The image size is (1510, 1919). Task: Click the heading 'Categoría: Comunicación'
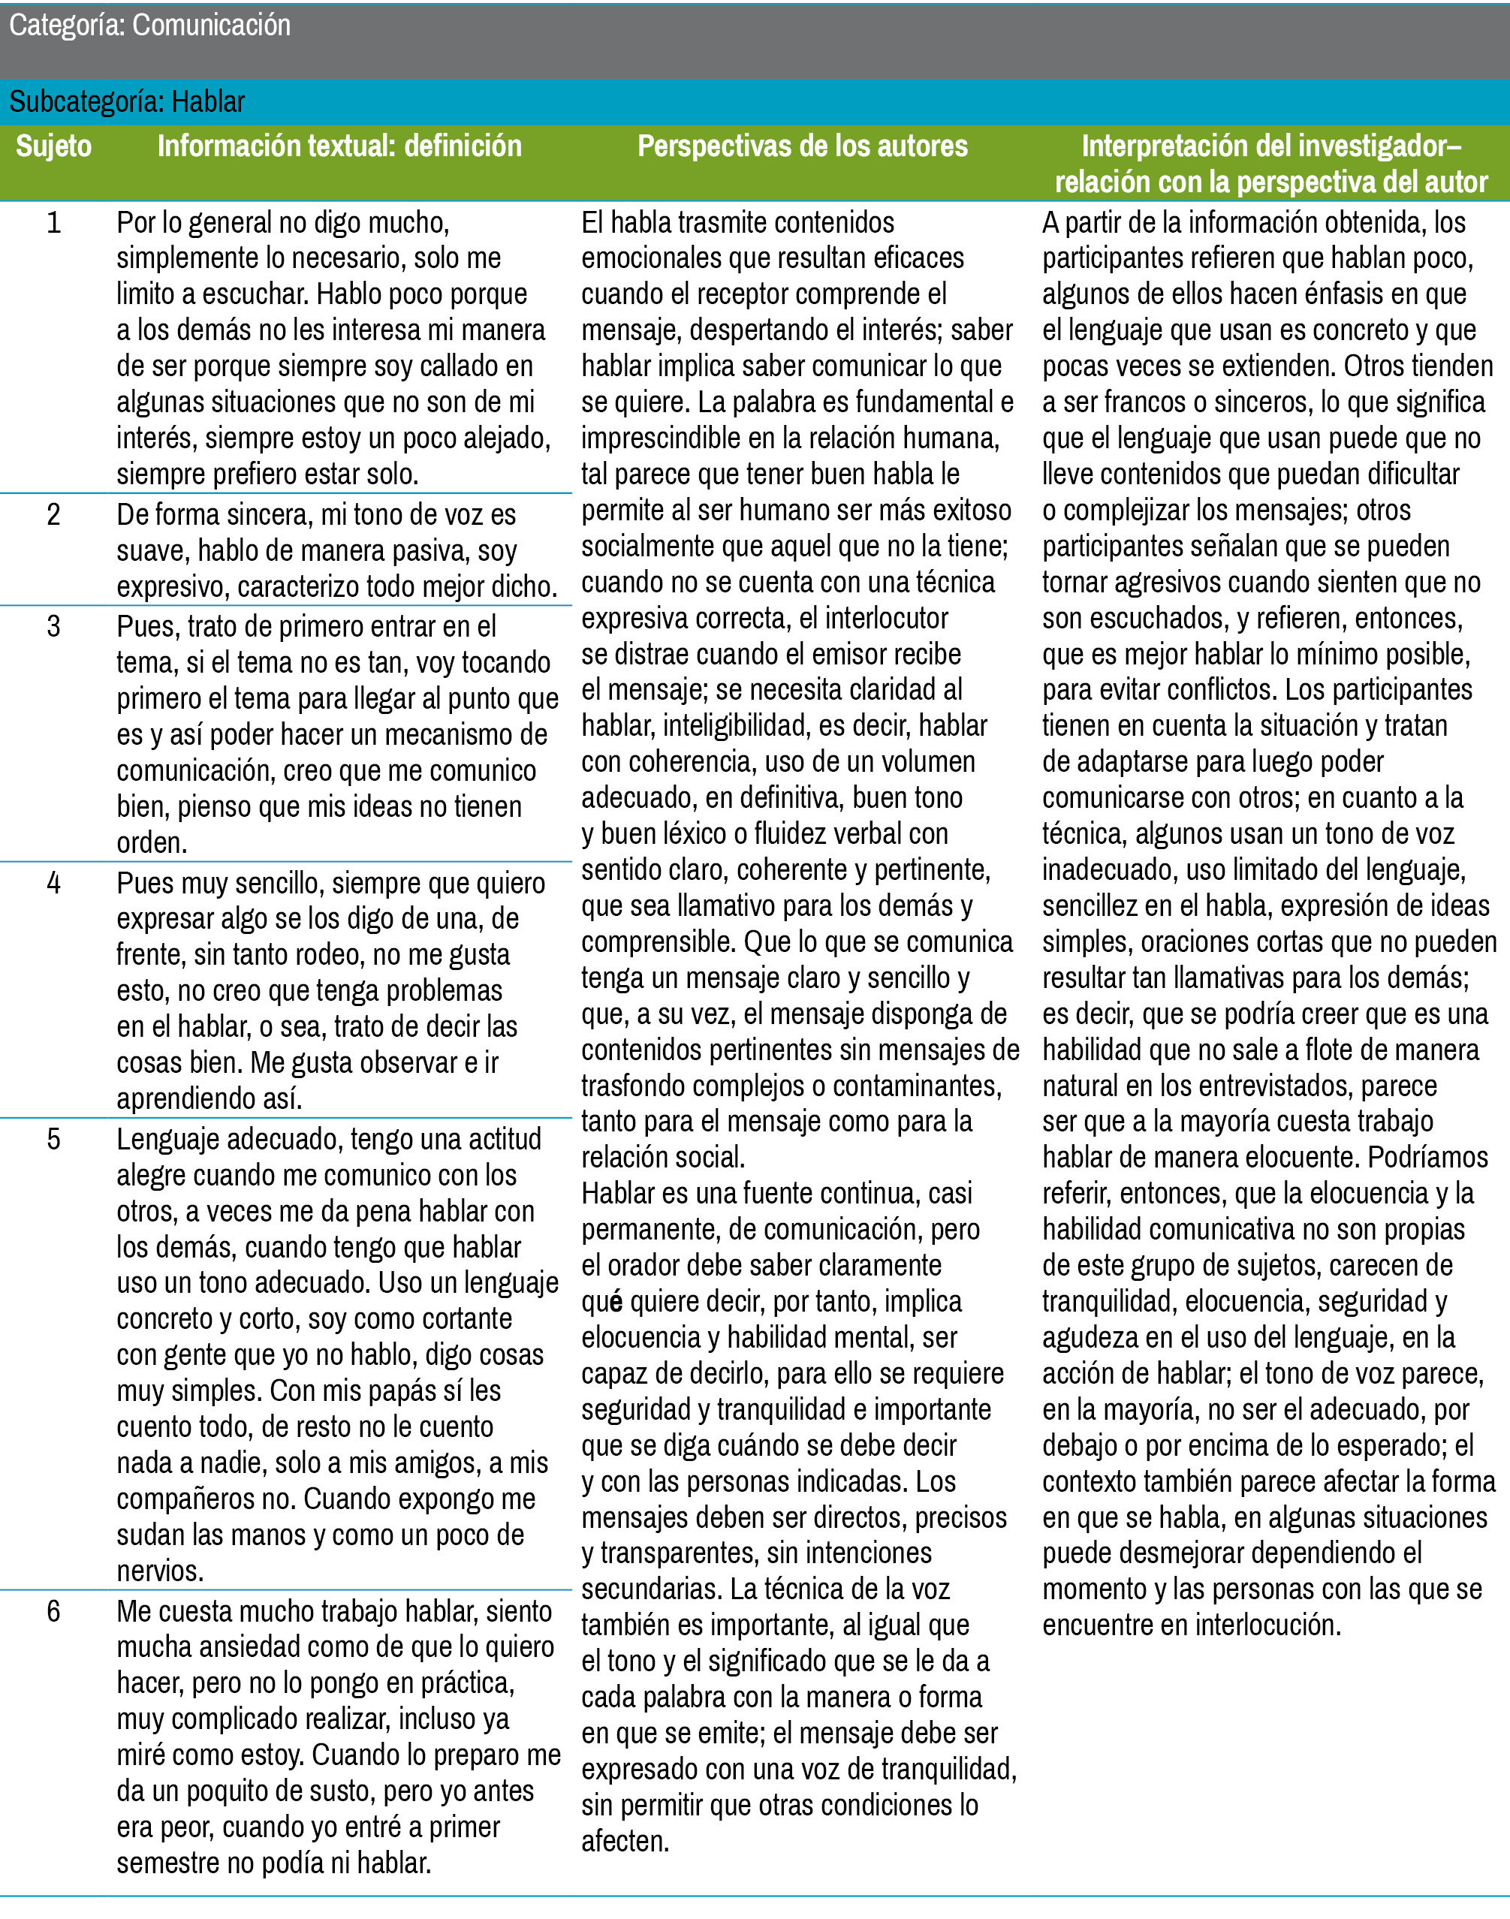pos(149,26)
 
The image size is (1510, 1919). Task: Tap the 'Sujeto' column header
pos(53,146)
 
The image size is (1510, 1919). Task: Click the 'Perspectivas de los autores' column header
pos(802,146)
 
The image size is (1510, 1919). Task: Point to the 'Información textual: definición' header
pos(339,146)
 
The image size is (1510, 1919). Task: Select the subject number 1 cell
pos(53,223)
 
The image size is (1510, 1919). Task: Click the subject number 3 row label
pos(53,627)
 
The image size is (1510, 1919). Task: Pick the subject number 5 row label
pos(53,1140)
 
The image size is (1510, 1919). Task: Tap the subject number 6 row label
pos(53,1611)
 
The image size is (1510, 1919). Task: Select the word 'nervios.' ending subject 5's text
pos(160,1571)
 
